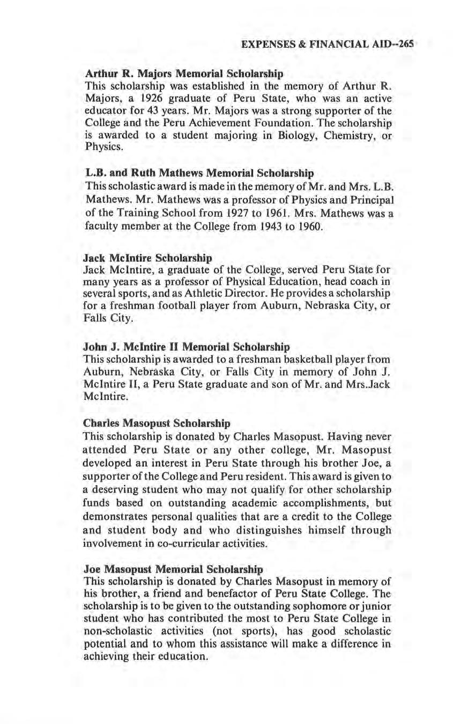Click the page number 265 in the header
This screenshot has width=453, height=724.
(x=406, y=45)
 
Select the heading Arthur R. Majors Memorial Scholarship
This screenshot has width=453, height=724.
(x=184, y=72)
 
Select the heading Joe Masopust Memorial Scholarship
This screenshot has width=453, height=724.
(x=174, y=568)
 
